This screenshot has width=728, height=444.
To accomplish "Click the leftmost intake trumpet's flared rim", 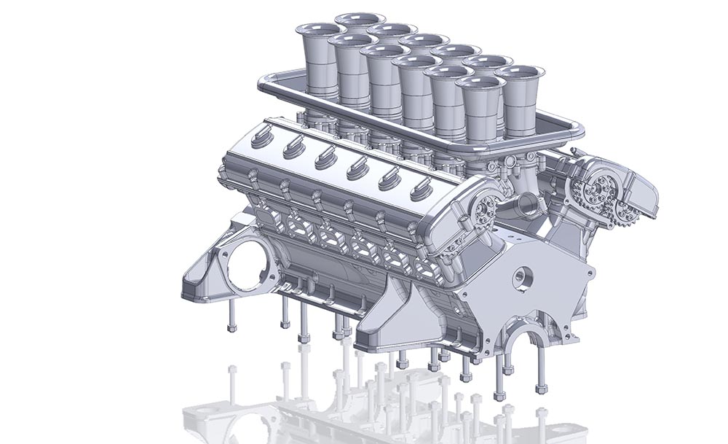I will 317,30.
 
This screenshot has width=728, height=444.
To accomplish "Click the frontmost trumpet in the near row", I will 480,83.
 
